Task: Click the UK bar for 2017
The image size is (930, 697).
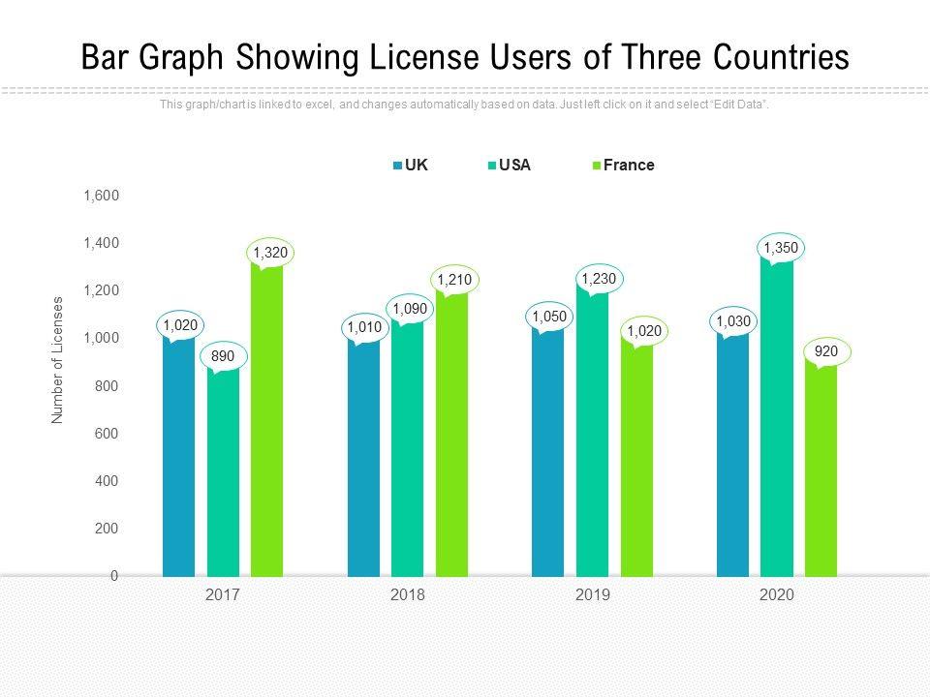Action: tap(178, 455)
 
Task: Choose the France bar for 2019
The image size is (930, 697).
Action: tap(636, 460)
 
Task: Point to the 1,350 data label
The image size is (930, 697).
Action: tap(781, 248)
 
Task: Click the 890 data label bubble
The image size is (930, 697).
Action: tap(223, 356)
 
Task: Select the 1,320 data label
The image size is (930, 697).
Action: tap(270, 253)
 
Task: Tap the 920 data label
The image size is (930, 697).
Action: tap(826, 353)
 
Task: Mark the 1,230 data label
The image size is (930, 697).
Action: tap(598, 279)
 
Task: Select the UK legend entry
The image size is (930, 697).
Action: tap(411, 166)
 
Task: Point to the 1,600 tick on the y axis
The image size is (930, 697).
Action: tap(101, 196)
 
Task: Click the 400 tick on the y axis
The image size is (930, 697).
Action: tap(107, 481)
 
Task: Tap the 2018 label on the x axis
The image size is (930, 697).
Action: tap(408, 595)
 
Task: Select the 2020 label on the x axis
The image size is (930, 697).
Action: tap(777, 595)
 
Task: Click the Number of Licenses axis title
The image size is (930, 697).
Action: tap(57, 360)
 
